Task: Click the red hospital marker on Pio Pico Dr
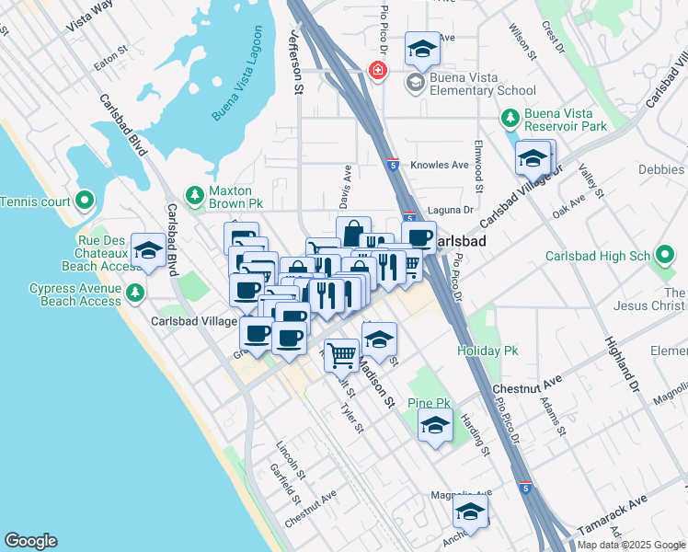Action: coord(376,70)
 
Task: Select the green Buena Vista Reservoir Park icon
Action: coord(509,119)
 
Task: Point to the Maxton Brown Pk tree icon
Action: coord(194,194)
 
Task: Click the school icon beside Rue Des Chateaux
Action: coord(147,251)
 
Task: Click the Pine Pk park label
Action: coord(429,403)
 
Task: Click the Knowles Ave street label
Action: coord(445,165)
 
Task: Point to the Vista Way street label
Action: coord(90,17)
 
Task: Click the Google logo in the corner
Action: coord(30,541)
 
